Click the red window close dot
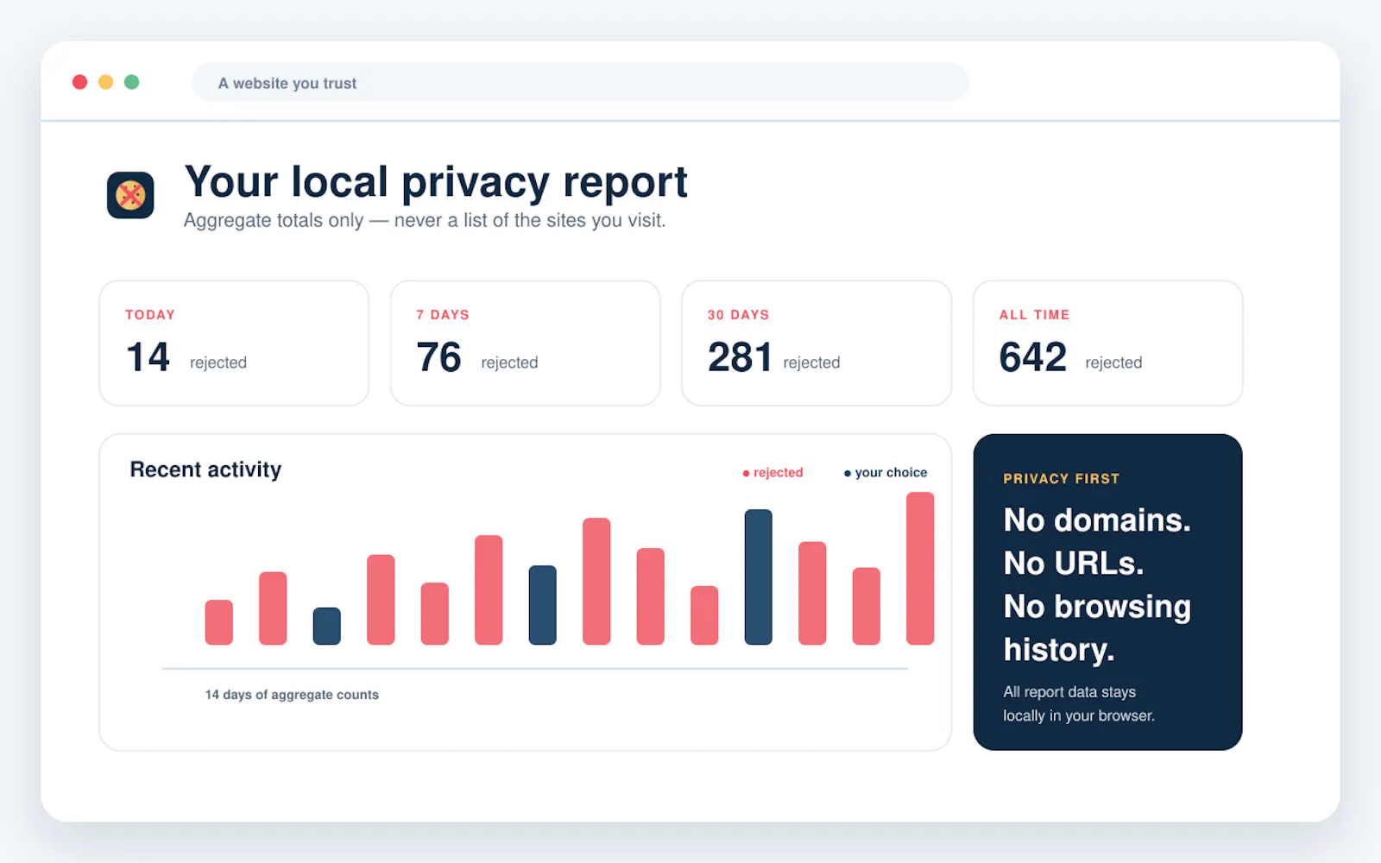click(79, 82)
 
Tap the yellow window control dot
click(105, 82)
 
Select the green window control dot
click(131, 82)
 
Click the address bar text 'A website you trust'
click(287, 83)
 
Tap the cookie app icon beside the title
click(130, 195)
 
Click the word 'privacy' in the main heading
click(476, 183)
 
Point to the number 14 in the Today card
click(148, 357)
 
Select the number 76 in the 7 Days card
click(438, 357)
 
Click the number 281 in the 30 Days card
click(739, 357)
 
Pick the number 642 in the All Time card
click(1032, 357)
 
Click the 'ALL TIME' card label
click(1035, 314)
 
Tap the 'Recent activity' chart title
click(205, 469)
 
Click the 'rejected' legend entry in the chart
click(773, 472)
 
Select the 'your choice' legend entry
click(886, 472)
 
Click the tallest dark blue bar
click(759, 577)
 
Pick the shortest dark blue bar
click(327, 627)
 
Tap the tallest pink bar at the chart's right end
click(920, 569)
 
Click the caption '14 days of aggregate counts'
click(292, 695)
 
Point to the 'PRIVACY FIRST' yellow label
click(1061, 479)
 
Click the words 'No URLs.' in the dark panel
click(1074, 563)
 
